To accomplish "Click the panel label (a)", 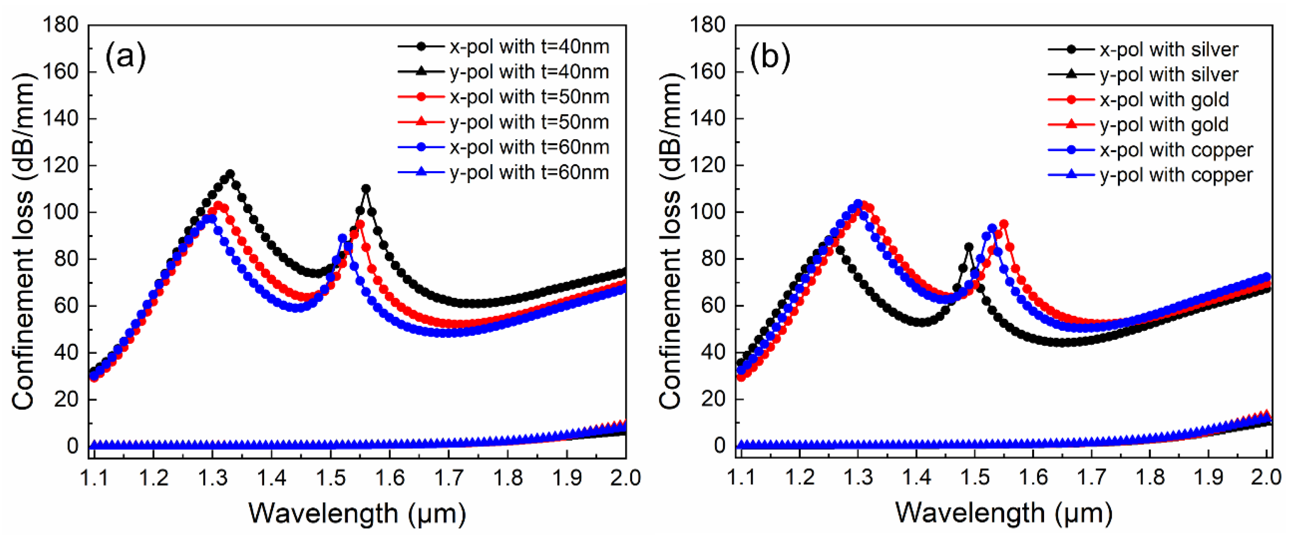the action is (125, 56).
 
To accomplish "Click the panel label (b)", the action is (770, 56).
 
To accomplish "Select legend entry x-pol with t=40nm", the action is (504, 47).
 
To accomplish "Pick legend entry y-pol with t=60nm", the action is (504, 172).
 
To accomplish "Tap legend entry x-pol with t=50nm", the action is (504, 97).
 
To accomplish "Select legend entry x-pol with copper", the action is (1150, 150).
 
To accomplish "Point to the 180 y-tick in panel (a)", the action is (61, 25).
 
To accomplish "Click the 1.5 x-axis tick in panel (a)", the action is (331, 477).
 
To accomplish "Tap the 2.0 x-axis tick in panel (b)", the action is (1266, 477).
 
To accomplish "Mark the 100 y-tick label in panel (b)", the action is (708, 212).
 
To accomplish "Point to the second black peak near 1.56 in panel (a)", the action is (366, 189).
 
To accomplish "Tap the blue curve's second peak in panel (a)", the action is (342, 238).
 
